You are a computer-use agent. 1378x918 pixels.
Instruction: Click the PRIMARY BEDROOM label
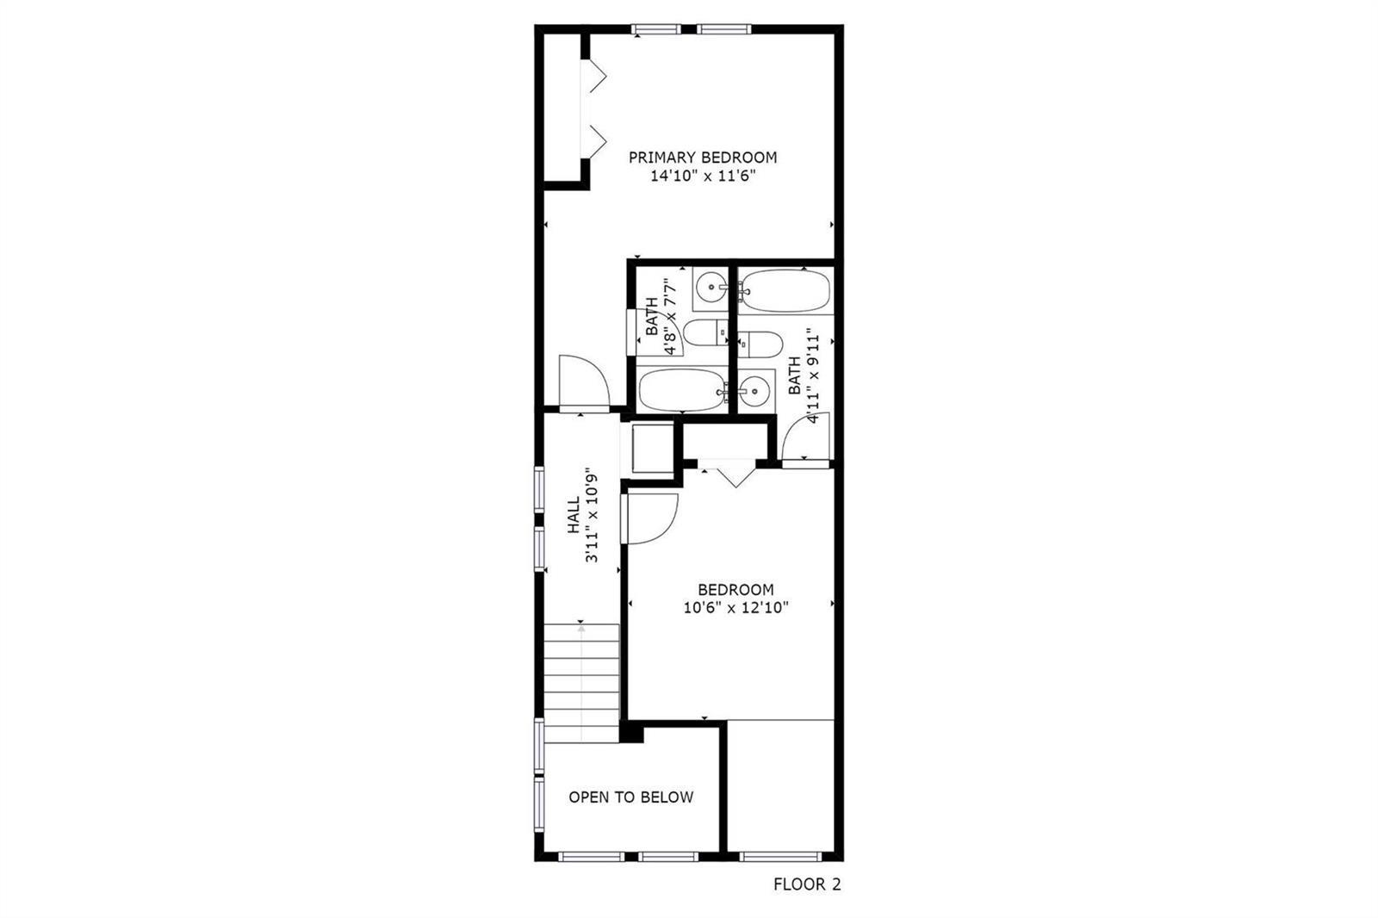point(703,158)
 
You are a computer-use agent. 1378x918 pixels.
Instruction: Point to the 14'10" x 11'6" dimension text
point(703,177)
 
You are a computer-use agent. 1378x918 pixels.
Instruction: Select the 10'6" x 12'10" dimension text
point(736,608)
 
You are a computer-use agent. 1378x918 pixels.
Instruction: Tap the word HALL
point(574,515)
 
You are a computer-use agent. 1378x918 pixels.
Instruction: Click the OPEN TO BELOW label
point(630,797)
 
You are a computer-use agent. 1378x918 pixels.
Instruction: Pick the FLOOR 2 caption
point(807,884)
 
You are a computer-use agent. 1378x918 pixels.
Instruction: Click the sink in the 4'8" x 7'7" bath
point(711,288)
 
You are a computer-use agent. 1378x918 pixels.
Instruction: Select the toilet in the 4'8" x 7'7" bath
point(705,333)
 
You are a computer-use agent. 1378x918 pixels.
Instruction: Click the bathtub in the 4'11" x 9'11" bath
point(785,290)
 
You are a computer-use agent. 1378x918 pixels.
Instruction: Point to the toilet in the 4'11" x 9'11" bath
point(760,344)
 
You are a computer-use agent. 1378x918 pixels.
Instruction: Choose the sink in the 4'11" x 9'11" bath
point(755,391)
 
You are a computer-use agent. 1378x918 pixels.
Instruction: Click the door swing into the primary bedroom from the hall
point(585,381)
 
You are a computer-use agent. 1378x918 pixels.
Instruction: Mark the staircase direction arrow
point(581,683)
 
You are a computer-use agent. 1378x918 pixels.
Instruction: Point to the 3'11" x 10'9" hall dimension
point(592,518)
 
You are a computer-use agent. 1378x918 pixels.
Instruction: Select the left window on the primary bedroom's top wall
point(655,29)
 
